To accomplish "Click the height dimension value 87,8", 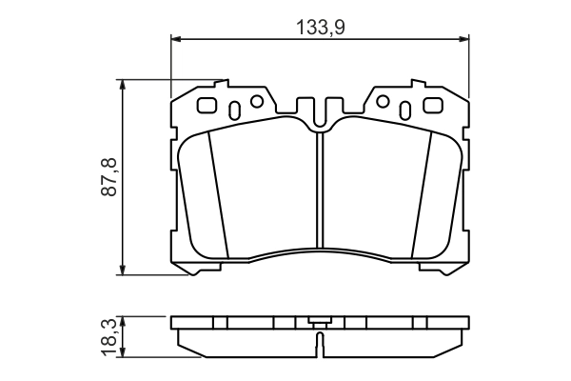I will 108,177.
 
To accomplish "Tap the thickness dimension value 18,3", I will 108,335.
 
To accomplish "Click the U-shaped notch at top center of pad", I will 320,113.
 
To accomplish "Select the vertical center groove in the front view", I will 320,190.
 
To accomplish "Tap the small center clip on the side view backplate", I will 320,322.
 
